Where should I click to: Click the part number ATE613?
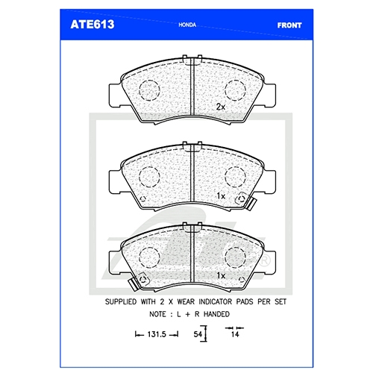[x=93, y=25]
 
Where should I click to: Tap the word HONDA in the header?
[x=187, y=25]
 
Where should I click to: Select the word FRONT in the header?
[x=289, y=25]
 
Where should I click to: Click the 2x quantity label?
[x=221, y=107]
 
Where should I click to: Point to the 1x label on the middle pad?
[x=221, y=196]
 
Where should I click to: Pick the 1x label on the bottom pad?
[x=221, y=275]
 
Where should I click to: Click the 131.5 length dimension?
[x=157, y=334]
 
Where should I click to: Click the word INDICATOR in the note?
[x=216, y=301]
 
